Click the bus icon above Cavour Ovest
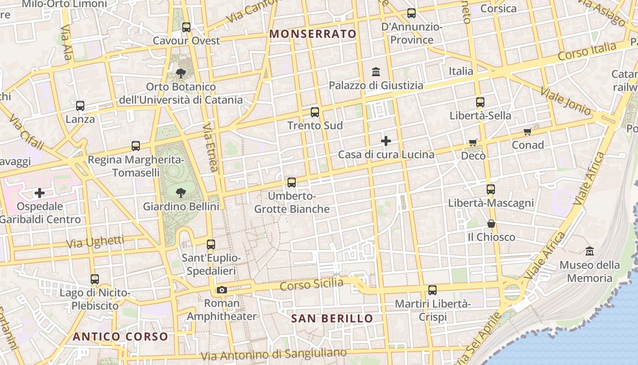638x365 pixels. coord(186,27)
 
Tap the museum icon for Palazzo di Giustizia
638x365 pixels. coord(376,72)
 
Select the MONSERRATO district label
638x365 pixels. coord(313,34)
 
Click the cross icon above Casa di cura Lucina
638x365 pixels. coord(386,141)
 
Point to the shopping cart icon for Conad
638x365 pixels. coord(528,132)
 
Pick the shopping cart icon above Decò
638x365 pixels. coord(473,143)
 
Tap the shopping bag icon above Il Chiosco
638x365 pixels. coord(491,224)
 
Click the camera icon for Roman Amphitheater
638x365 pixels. coord(222,290)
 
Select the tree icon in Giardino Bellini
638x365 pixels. coord(181,193)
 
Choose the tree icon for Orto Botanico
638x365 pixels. coord(181,73)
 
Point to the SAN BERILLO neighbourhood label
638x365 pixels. coord(332,318)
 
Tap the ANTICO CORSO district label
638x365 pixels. coord(120,337)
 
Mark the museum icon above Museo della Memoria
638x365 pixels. coord(590,251)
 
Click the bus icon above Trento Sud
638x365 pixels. coord(315,112)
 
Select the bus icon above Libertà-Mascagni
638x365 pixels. coord(491,189)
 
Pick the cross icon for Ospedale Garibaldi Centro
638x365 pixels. coord(40,193)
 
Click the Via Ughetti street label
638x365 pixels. coord(95,242)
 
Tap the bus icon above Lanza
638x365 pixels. coord(80,106)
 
